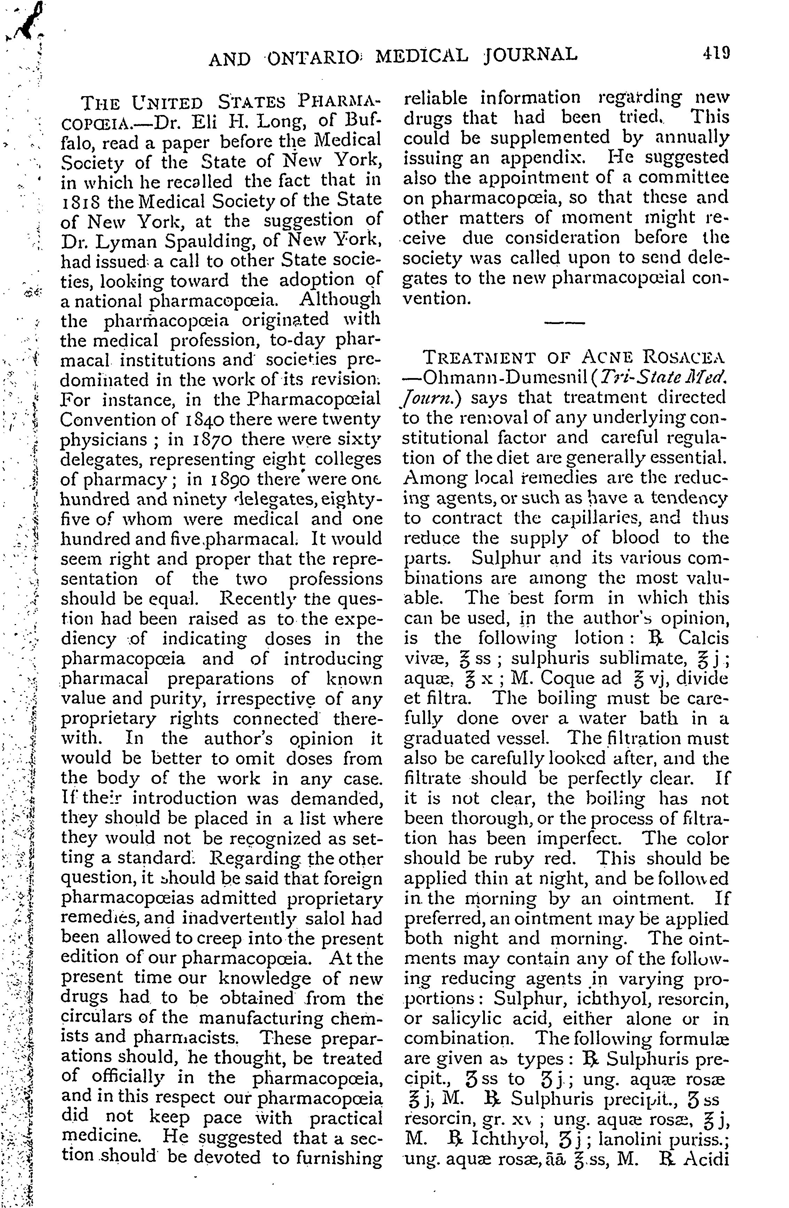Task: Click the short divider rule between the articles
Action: (x=564, y=323)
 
